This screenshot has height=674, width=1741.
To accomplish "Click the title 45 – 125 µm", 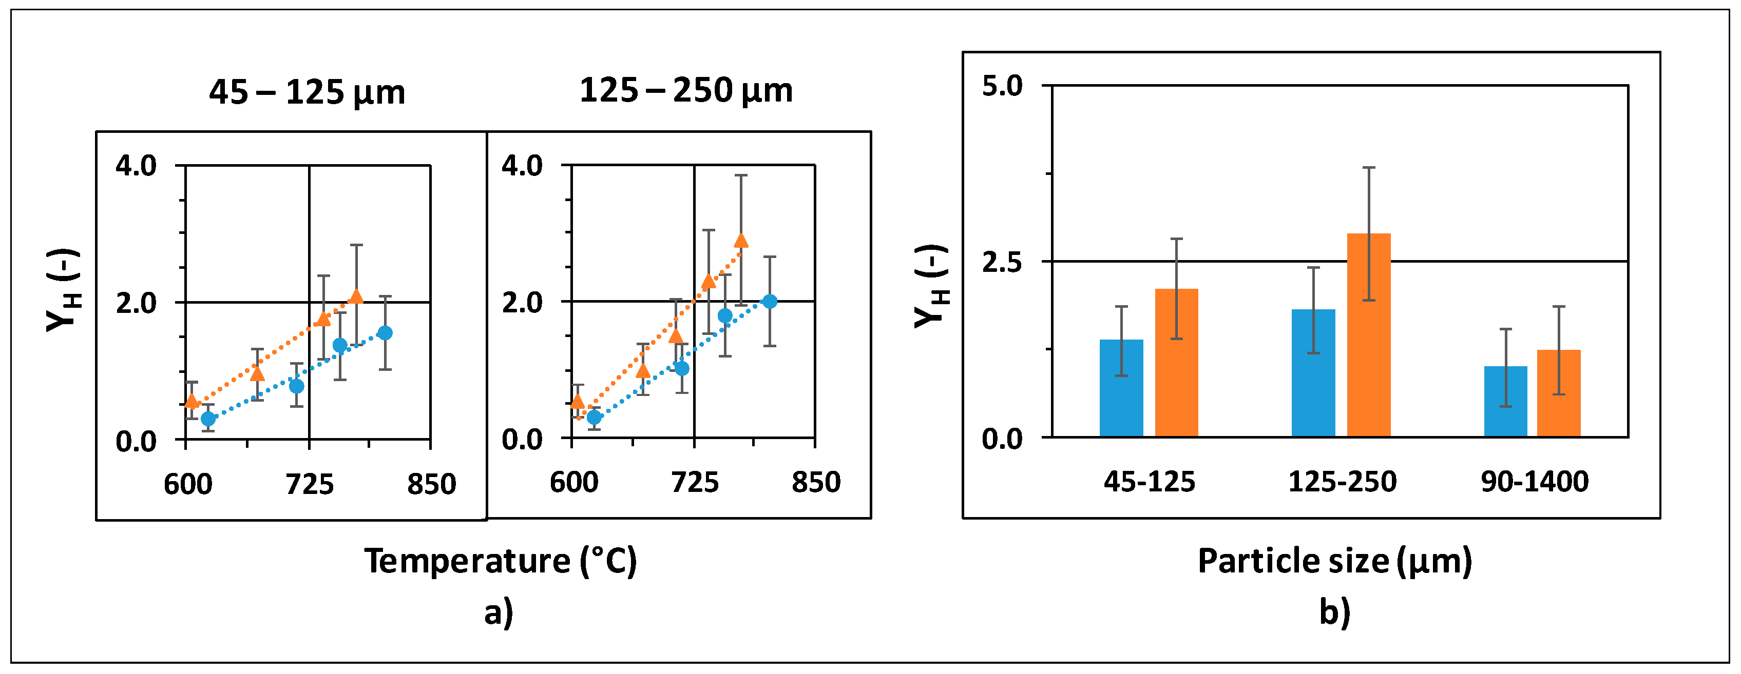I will pyautogui.click(x=307, y=92).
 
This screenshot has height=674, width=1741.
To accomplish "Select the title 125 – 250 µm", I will pyautogui.click(x=685, y=90).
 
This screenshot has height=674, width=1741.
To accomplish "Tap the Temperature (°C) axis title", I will pyautogui.click(x=501, y=561).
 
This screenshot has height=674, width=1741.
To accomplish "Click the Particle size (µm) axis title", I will pyautogui.click(x=1335, y=561).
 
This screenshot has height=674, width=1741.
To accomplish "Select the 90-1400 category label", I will pyautogui.click(x=1534, y=482).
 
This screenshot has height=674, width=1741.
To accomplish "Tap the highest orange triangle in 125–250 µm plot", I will pyautogui.click(x=741, y=241).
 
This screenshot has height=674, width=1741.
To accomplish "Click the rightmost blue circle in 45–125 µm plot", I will pyautogui.click(x=385, y=333).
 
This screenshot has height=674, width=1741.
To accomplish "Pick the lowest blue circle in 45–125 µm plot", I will pyautogui.click(x=208, y=419).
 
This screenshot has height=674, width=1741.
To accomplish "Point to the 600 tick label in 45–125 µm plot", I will pyautogui.click(x=188, y=485).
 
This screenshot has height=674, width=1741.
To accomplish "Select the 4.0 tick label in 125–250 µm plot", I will pyautogui.click(x=522, y=166).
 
